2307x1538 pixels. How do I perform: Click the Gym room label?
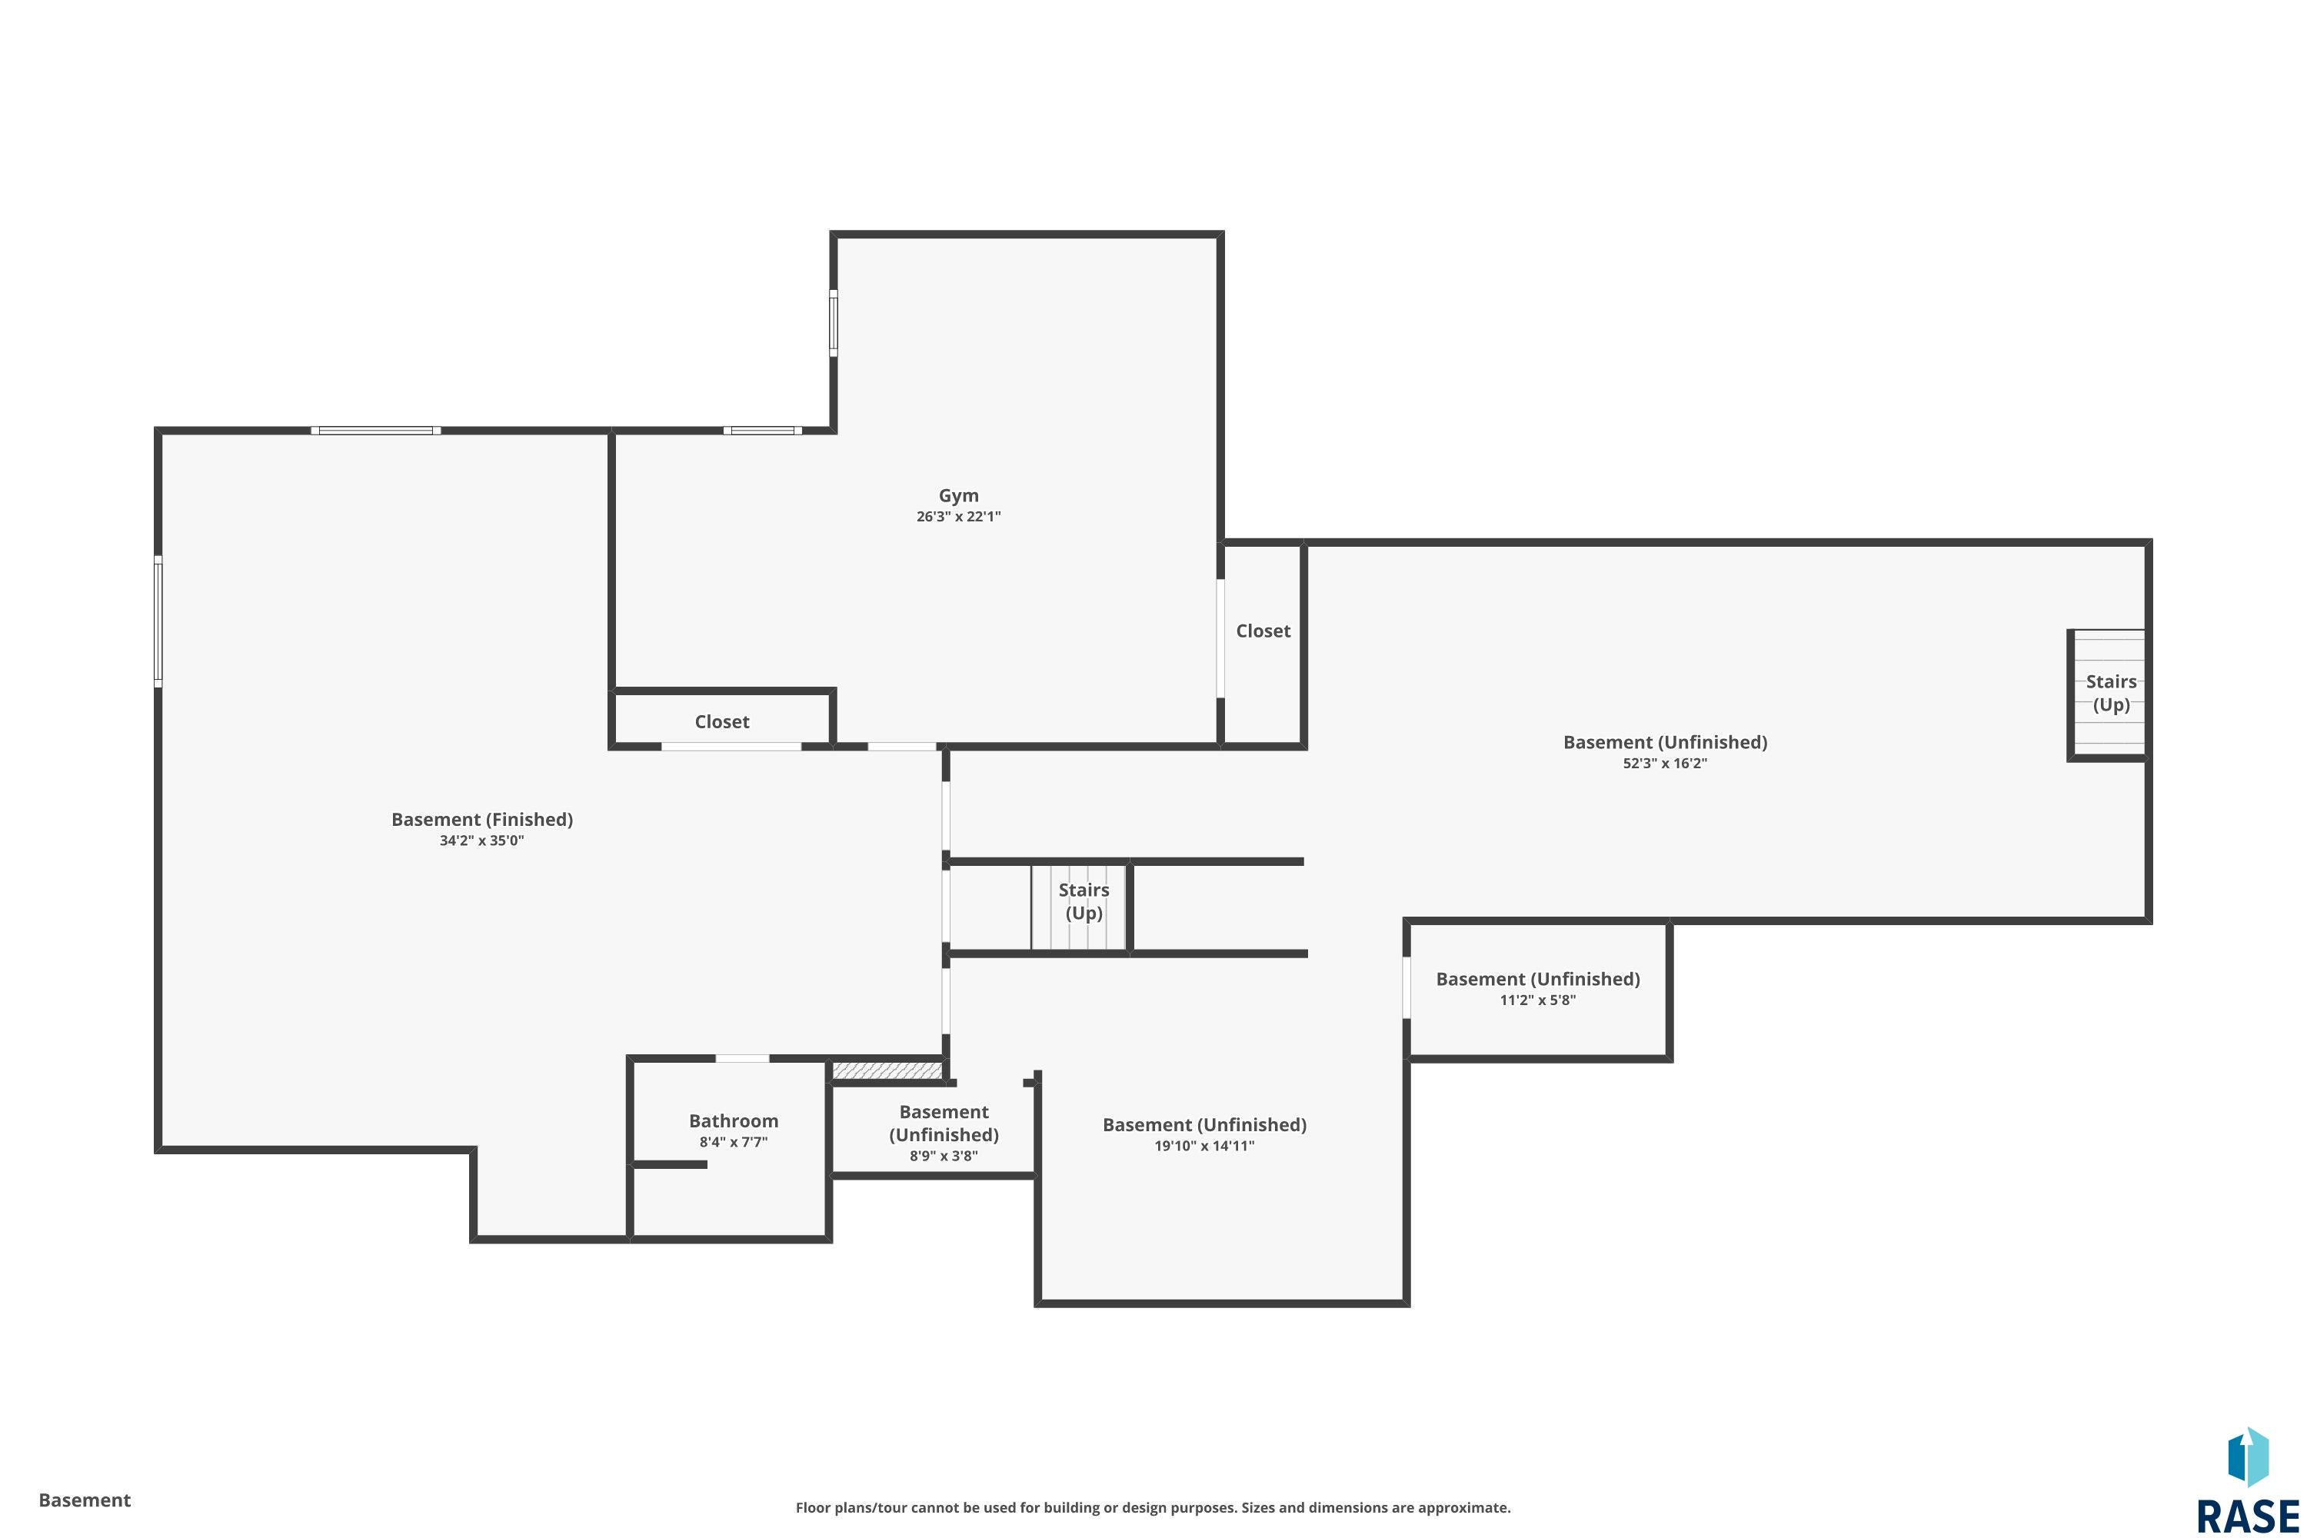[x=958, y=495]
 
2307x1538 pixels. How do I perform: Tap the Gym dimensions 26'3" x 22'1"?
[x=958, y=517]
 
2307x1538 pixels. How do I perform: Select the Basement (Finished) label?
[x=481, y=819]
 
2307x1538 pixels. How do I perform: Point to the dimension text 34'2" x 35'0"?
[x=481, y=841]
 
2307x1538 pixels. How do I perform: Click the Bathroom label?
[x=734, y=1120]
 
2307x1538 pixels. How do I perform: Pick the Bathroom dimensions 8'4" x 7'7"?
[x=734, y=1142]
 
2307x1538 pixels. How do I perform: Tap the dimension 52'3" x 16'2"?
[x=1665, y=763]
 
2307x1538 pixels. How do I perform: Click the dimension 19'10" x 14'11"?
[x=1204, y=1146]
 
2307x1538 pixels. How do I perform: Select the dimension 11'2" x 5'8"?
[x=1537, y=1000]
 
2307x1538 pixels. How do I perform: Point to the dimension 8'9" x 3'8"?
[x=944, y=1156]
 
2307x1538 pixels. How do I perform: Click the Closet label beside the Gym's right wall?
[x=1263, y=631]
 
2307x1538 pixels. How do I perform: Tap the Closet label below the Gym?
[x=722, y=722]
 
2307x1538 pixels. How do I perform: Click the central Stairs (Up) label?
[x=1084, y=901]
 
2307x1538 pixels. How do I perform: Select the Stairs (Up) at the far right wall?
[x=2111, y=693]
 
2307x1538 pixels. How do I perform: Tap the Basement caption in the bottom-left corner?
[x=85, y=1500]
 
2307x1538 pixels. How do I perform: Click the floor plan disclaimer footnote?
[x=1153, y=1507]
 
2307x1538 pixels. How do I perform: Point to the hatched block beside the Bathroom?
[x=887, y=1070]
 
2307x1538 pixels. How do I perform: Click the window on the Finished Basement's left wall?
[x=158, y=621]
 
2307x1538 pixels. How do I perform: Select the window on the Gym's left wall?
[x=834, y=323]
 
